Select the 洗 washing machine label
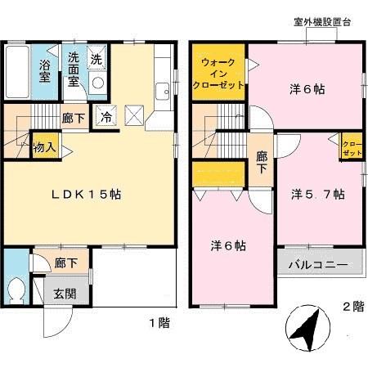point(96,59)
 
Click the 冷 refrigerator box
point(105,116)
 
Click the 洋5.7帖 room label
point(317,194)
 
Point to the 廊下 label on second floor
point(262,161)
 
